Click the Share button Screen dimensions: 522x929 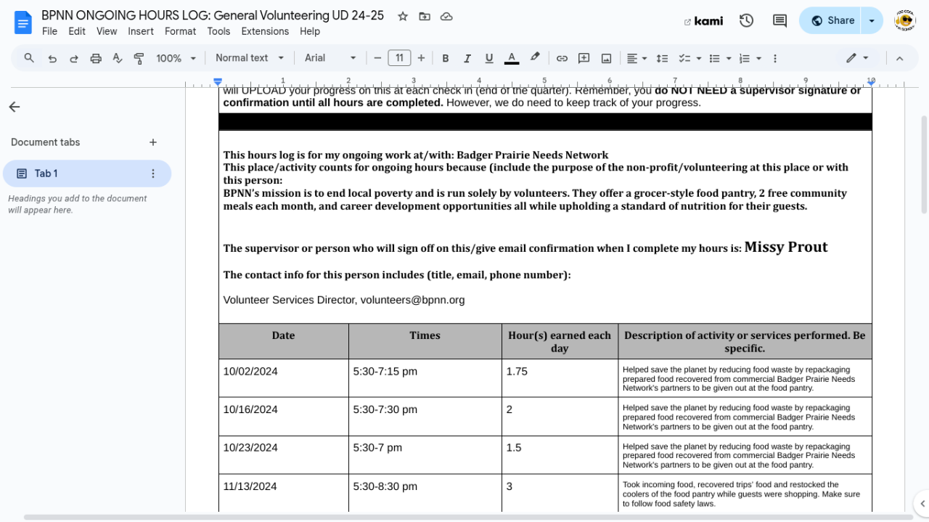click(833, 20)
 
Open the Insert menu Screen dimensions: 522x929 click(141, 31)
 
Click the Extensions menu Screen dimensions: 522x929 click(265, 31)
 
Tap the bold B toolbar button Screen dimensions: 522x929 click(446, 58)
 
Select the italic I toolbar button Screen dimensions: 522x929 click(467, 58)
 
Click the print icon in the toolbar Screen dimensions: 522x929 click(96, 58)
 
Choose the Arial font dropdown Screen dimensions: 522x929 click(330, 58)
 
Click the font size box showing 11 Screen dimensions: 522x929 click(399, 58)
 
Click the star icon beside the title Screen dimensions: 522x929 click(403, 16)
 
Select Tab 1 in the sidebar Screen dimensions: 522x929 click(46, 174)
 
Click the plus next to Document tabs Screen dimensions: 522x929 click(153, 142)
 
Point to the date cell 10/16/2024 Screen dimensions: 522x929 click(250, 409)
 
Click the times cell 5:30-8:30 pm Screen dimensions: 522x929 click(385, 486)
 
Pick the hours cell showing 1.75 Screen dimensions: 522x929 click(517, 371)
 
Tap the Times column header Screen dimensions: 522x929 click(425, 335)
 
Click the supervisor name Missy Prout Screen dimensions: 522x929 click(786, 247)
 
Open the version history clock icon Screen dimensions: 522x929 click(746, 20)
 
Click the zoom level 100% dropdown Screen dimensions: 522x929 click(176, 58)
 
